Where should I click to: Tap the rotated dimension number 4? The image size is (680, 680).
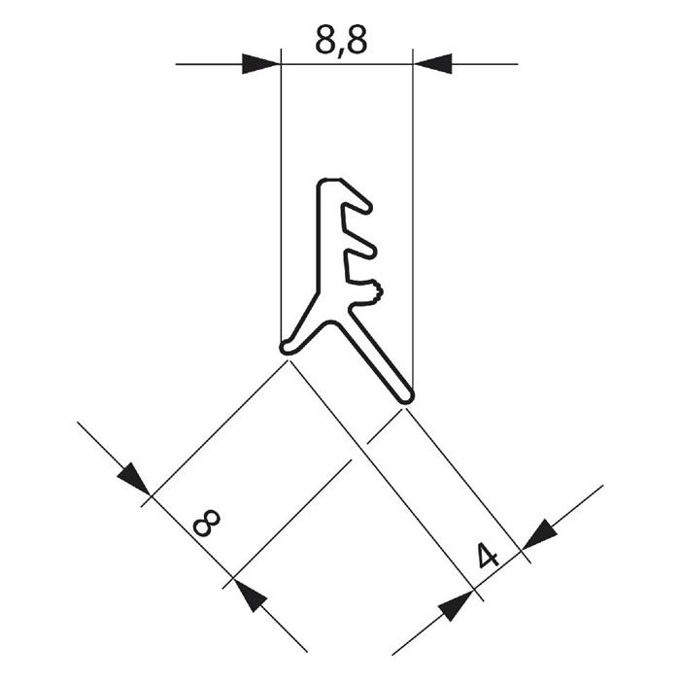[489, 557]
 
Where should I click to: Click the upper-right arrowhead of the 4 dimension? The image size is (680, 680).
[539, 532]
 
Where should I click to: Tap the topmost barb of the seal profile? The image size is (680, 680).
[359, 202]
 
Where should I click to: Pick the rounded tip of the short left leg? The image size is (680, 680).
[285, 346]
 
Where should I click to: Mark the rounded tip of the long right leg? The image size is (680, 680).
[406, 394]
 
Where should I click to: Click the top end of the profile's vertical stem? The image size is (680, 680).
[327, 185]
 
